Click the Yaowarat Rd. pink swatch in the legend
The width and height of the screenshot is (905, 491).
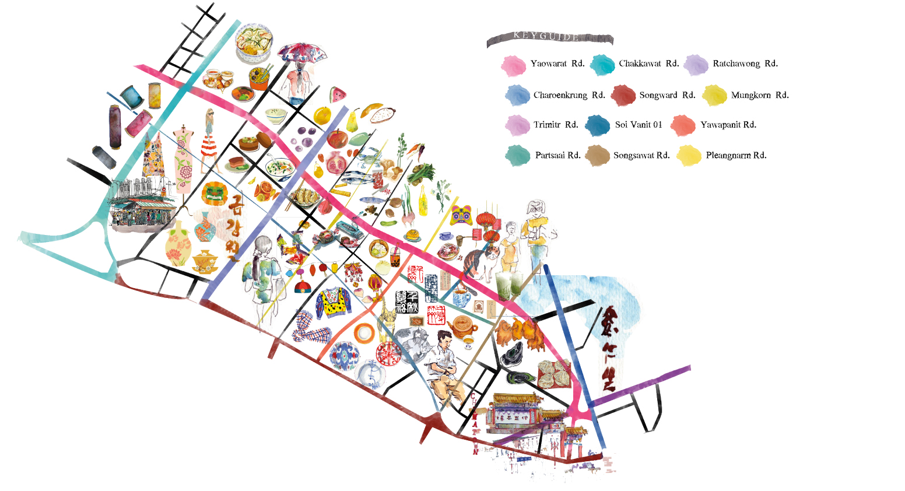[x=513, y=65]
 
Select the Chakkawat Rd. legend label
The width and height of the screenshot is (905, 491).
[x=648, y=64]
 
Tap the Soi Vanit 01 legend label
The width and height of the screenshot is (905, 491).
[x=639, y=125]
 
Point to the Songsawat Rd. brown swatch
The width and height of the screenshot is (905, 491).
[x=597, y=156]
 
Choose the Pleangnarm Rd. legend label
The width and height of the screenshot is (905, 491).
[x=736, y=156]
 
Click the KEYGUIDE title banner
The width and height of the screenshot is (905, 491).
[x=549, y=38]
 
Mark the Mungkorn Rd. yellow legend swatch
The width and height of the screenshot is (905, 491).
[x=714, y=96]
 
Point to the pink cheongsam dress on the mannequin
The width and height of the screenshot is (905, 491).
[x=183, y=159]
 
